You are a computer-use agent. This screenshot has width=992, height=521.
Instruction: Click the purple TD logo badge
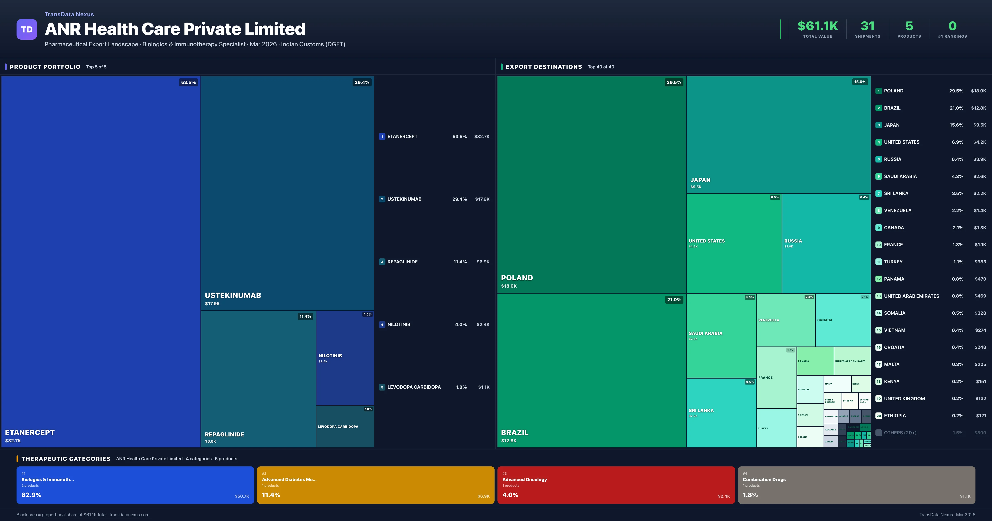(27, 29)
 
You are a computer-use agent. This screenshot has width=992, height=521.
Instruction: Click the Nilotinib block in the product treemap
(345, 358)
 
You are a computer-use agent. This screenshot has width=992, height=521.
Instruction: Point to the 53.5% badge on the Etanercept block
(188, 82)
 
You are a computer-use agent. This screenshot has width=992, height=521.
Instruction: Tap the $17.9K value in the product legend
(482, 199)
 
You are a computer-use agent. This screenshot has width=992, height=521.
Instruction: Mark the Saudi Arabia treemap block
(721, 336)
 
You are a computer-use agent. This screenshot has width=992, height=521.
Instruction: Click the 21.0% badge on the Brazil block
(674, 300)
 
